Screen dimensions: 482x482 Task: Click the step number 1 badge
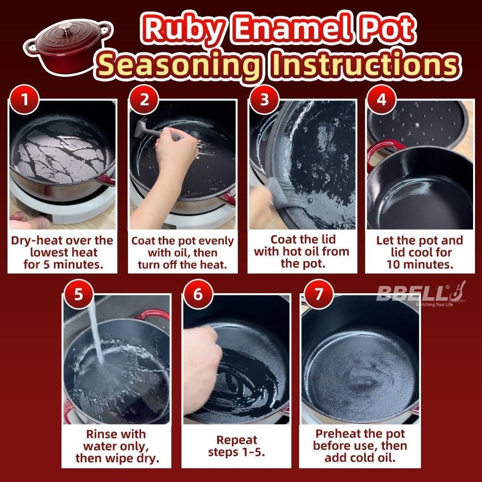point(24,100)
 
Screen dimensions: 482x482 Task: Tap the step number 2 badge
point(144,100)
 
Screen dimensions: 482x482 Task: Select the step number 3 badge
point(264,100)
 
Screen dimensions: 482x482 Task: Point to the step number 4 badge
point(381,100)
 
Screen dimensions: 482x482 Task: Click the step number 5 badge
point(79,294)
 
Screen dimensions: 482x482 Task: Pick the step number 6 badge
point(198,294)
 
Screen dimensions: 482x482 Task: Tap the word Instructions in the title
point(364,65)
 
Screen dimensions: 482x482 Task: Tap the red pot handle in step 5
point(153,315)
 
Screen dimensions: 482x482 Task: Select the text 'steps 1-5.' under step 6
point(236,452)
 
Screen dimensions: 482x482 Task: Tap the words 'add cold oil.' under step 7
point(360,458)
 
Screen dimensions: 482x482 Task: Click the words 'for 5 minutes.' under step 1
point(64,265)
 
